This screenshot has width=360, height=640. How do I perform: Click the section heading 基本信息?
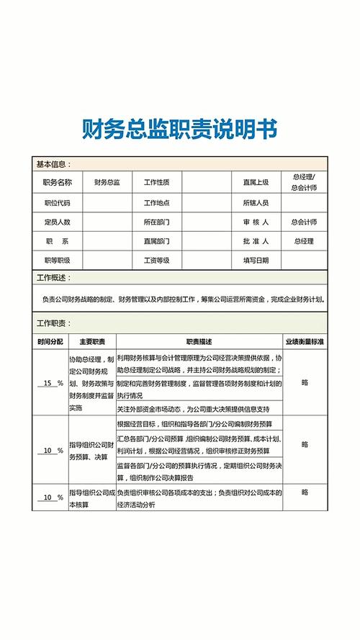point(53,165)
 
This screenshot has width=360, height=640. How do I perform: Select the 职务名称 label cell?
point(57,183)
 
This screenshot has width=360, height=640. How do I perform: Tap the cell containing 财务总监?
point(107,183)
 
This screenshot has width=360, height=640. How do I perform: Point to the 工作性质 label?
point(157,183)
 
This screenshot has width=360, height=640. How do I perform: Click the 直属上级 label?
point(255,183)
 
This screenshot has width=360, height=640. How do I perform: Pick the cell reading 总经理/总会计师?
point(303,182)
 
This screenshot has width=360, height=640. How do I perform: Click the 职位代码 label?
point(57,203)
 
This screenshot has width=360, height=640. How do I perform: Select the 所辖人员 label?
point(255,203)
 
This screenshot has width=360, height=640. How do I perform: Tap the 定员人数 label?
point(57,222)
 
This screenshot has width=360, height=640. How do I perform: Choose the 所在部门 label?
point(157,222)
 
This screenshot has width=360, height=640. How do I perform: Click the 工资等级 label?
point(157,261)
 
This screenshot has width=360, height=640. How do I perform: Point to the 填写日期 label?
point(255,261)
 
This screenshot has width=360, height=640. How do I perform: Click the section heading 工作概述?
point(53,278)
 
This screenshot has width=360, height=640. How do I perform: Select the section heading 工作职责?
point(53,323)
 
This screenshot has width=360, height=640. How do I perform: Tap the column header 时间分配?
point(50,341)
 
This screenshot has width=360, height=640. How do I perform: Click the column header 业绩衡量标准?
point(305,341)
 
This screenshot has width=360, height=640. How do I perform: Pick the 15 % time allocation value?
point(50,384)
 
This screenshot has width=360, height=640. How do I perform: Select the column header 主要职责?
point(92,341)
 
